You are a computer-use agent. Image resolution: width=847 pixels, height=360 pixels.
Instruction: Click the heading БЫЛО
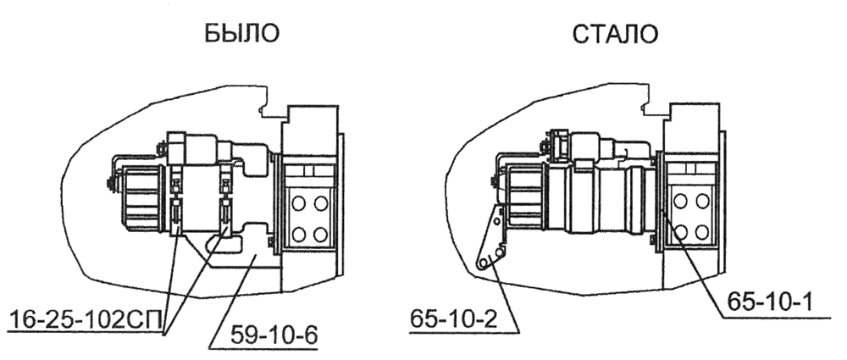(x=241, y=35)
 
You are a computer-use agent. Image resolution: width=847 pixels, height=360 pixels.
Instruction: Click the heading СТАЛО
(x=616, y=35)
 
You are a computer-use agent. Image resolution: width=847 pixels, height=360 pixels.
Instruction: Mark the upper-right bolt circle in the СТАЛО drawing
(x=702, y=202)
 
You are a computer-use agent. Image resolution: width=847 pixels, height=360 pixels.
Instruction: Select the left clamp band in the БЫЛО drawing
(x=175, y=203)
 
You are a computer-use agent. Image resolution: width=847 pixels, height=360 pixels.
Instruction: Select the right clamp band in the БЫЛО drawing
(x=226, y=203)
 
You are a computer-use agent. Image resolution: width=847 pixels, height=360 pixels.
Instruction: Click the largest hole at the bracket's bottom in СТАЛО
(x=484, y=264)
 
